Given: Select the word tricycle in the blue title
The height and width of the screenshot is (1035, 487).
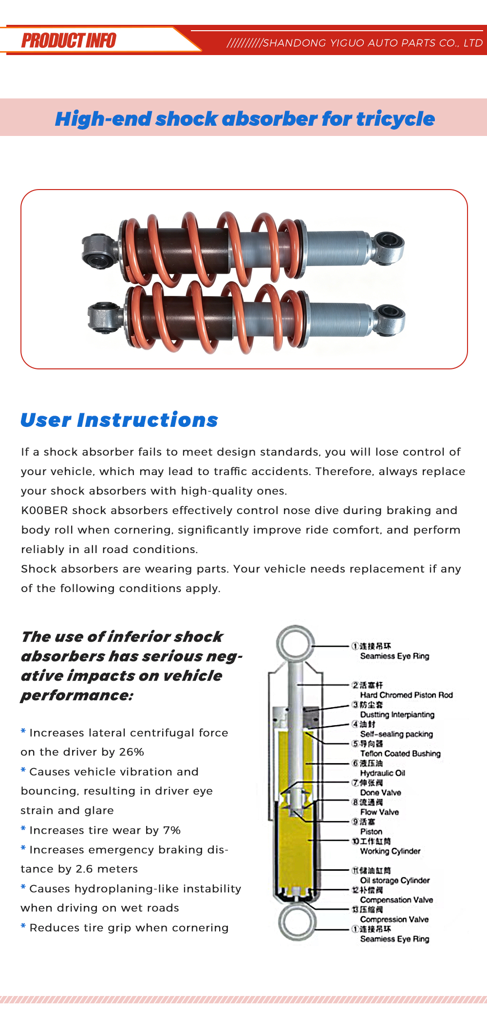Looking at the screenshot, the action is [395, 119].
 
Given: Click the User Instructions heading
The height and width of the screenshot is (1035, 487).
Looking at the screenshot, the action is [119, 420].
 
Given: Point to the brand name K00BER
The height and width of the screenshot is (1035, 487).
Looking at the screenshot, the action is [44, 510].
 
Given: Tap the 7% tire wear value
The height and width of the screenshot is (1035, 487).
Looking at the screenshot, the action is [172, 830].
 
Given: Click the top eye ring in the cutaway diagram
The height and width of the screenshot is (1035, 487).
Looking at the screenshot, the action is [296, 644].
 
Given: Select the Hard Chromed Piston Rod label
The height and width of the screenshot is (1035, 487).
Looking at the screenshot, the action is [406, 695].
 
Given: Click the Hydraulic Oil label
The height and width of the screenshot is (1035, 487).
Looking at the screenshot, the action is [382, 773].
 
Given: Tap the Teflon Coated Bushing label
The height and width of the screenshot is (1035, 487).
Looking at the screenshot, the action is [400, 753].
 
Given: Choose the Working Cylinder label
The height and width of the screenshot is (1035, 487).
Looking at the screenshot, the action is [390, 851].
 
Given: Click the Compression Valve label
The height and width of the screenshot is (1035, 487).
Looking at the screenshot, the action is [394, 919].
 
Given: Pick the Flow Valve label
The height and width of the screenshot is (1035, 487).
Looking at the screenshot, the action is [379, 812].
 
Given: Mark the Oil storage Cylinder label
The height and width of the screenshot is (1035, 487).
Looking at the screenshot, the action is [394, 880].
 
